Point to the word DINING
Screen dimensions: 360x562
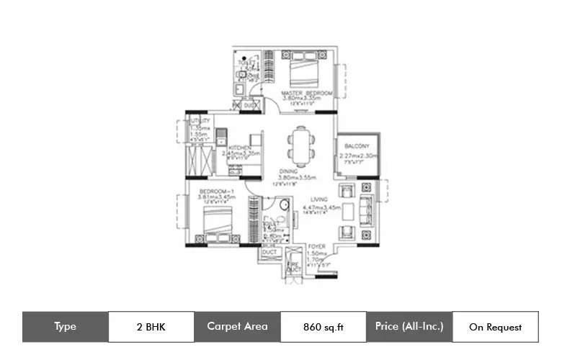tap(289, 171)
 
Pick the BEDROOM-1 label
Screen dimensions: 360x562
tap(215, 191)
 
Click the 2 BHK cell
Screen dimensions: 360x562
tap(151, 327)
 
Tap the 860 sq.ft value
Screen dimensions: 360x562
tap(323, 327)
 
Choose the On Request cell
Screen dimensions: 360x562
tap(495, 327)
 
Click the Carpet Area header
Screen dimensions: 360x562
tap(237, 326)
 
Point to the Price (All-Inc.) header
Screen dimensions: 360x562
tap(409, 326)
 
